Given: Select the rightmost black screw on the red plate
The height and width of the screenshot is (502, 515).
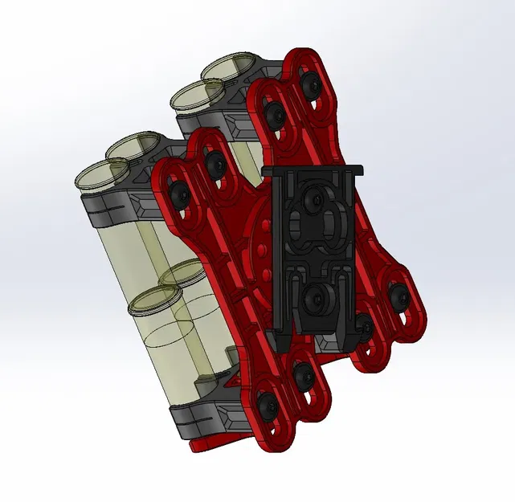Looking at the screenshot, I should click(x=401, y=299).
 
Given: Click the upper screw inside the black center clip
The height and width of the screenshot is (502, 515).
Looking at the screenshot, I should click(x=313, y=194).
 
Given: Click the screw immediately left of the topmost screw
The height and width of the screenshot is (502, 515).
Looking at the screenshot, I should click(x=276, y=112).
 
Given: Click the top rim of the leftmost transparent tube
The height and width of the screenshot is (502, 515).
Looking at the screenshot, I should click(x=99, y=174).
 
